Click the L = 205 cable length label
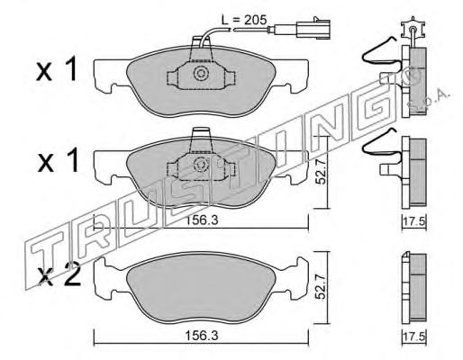coord(244,21)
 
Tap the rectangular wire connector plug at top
coord(313,29)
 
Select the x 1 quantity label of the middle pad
coord(58,160)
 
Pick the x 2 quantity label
coord(59,275)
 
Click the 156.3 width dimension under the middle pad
coord(201,220)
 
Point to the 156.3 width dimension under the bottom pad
coord(201,336)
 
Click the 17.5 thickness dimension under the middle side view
coord(414,222)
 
